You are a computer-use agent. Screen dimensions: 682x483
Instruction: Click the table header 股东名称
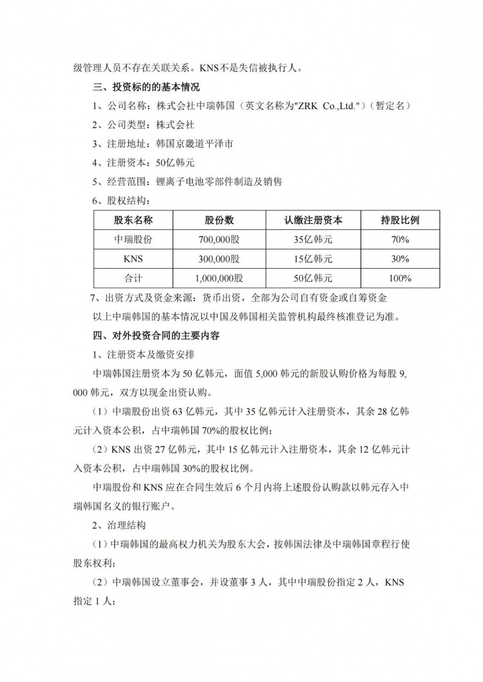point(133,220)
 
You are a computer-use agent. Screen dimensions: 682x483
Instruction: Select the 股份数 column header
point(219,220)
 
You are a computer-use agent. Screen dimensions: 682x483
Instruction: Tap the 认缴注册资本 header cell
point(313,220)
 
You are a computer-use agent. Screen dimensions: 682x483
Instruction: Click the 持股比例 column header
point(400,220)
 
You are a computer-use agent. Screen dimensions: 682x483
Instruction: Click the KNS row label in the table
point(133,259)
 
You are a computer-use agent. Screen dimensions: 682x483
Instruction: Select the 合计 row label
point(133,278)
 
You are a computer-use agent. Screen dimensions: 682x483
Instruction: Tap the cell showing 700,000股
point(219,240)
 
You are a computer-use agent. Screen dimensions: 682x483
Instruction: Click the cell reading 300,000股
point(219,259)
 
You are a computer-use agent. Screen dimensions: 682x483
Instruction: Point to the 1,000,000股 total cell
point(219,278)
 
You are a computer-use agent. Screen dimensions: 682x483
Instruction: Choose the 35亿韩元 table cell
point(313,240)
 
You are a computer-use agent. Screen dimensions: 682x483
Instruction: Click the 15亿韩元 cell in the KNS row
point(313,259)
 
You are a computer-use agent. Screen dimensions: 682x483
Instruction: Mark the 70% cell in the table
point(400,240)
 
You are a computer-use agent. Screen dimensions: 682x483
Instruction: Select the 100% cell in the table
point(400,278)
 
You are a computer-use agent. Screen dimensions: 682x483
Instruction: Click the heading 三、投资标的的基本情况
point(146,87)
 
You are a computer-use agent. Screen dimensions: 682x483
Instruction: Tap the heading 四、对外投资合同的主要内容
point(156,335)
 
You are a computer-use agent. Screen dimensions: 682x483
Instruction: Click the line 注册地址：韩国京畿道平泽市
point(163,144)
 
